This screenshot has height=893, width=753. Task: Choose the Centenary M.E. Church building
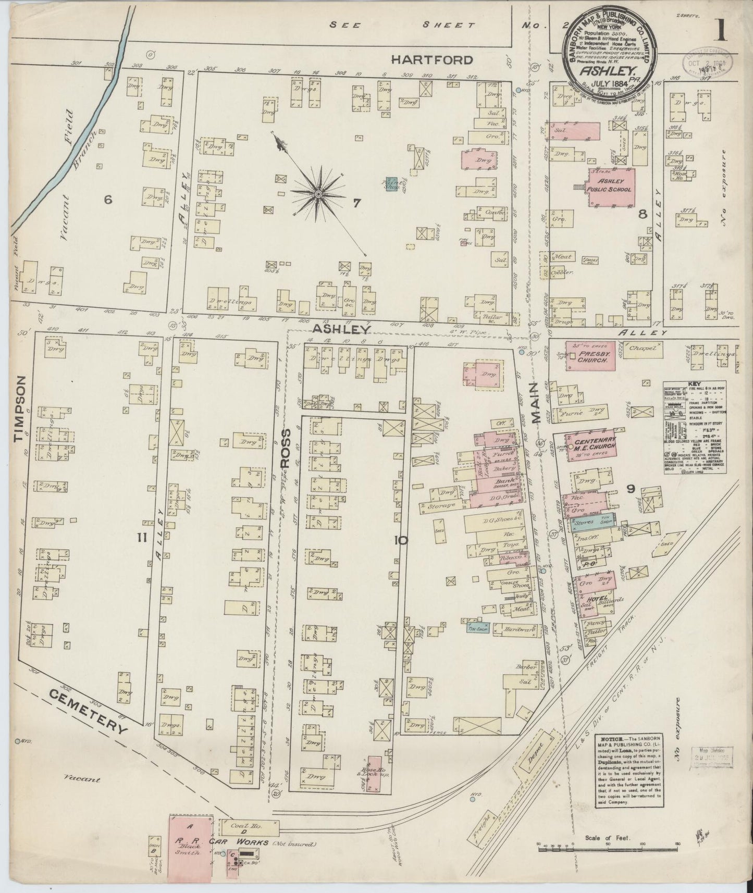click(595, 446)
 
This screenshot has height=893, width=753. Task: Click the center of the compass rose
click(317, 194)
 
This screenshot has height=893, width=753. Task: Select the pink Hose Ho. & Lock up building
click(374, 774)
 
